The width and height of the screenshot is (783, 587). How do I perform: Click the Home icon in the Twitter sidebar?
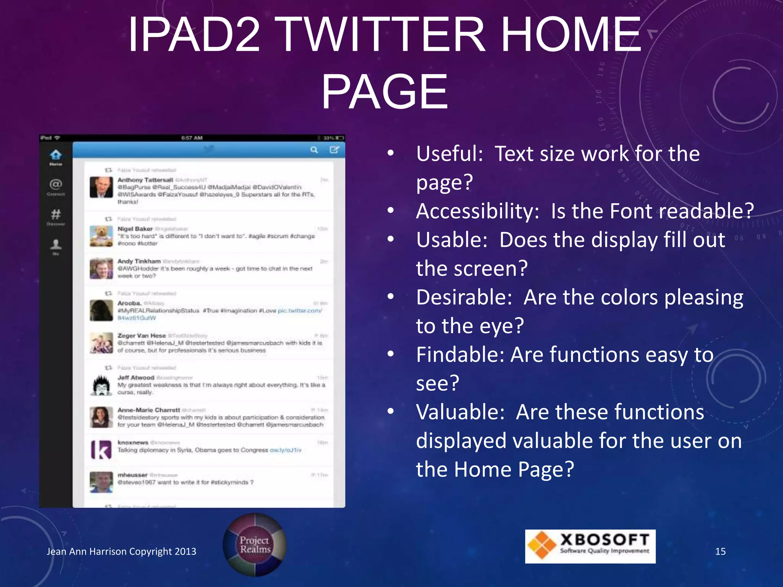click(56, 155)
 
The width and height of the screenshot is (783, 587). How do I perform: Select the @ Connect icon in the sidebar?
click(56, 185)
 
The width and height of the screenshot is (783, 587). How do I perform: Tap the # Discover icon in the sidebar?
click(56, 214)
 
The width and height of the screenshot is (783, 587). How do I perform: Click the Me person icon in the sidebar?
click(56, 244)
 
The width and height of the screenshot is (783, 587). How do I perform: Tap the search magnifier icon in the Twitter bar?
click(314, 150)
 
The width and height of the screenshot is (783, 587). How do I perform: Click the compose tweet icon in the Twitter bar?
click(334, 150)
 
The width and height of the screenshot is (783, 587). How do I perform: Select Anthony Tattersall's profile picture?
click(101, 187)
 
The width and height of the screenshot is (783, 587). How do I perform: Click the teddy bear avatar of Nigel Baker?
click(101, 236)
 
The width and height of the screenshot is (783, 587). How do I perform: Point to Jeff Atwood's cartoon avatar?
click(101, 385)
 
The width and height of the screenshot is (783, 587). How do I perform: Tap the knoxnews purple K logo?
click(101, 449)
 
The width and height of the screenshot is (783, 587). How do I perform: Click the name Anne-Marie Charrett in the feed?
click(149, 410)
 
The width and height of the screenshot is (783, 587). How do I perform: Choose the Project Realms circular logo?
click(255, 545)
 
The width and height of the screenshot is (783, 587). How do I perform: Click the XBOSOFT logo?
click(590, 546)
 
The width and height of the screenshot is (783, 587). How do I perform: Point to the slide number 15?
click(720, 551)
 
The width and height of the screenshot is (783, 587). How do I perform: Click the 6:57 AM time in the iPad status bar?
click(192, 138)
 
